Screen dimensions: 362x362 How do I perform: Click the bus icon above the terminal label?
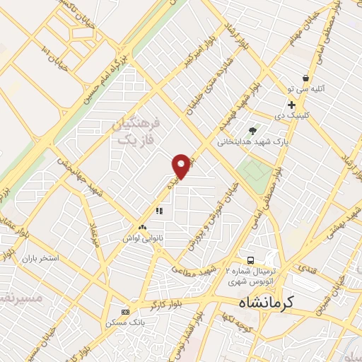coord(250,259)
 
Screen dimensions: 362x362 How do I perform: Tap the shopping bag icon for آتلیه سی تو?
coord(305,78)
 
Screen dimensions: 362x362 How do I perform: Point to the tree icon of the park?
coord(252,130)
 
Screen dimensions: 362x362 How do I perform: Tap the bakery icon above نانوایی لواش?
coord(143,228)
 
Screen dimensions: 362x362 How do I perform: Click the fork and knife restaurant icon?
coord(159,210)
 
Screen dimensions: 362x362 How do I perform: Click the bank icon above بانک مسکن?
coord(125,312)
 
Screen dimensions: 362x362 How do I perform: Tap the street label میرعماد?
coord(94,233)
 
